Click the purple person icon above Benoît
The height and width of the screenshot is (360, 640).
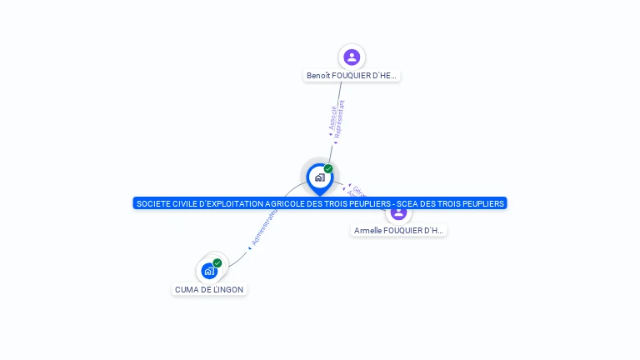(x=352, y=57)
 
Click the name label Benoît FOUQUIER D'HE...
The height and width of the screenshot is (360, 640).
(x=352, y=76)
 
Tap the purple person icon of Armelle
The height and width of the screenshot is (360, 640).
(x=398, y=212)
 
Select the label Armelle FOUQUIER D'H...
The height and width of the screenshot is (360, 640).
(x=398, y=231)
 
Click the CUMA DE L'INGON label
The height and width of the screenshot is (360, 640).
(x=210, y=289)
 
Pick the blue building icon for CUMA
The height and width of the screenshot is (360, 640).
(x=208, y=271)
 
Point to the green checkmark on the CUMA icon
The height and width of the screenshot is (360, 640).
(x=217, y=262)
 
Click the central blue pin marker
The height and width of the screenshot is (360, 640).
(x=319, y=177)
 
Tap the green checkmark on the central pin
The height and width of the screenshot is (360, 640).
(x=328, y=169)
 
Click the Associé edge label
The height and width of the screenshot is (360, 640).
(x=332, y=119)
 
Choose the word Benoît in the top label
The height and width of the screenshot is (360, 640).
(x=319, y=76)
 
